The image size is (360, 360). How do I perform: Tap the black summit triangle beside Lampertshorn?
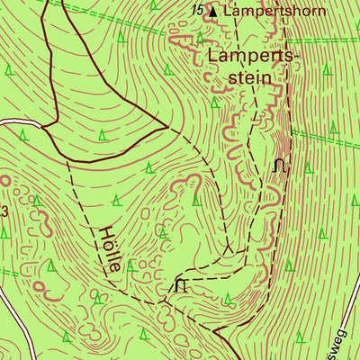212,13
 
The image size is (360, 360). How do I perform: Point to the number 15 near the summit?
198,10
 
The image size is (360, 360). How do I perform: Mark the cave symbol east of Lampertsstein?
280,166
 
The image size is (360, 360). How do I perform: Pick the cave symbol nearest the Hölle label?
181,285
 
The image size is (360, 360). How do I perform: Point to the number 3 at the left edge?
4,212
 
